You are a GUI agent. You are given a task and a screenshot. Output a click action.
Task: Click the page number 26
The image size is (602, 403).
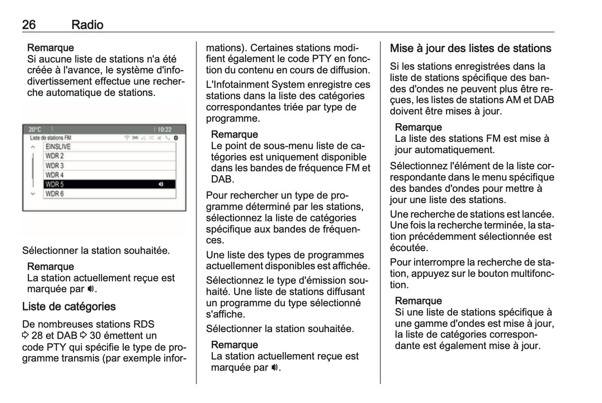(x=29, y=25)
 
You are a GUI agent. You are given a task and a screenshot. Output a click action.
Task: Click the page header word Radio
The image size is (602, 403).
(x=87, y=25)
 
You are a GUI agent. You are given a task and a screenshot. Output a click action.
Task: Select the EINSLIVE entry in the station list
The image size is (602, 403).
(x=58, y=147)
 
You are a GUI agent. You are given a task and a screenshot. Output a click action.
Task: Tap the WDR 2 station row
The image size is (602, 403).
(x=55, y=156)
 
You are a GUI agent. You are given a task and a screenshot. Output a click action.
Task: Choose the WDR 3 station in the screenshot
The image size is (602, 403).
(x=55, y=166)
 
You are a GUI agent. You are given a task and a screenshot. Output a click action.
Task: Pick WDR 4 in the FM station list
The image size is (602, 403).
(x=55, y=175)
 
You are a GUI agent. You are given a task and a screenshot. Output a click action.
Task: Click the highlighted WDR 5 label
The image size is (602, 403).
(x=55, y=184)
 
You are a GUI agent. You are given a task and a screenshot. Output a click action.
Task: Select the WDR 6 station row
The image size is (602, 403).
(x=55, y=194)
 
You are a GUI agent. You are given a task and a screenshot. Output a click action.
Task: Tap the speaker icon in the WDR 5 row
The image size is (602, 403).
(x=161, y=184)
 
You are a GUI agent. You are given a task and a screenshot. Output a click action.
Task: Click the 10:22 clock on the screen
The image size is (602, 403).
(x=164, y=130)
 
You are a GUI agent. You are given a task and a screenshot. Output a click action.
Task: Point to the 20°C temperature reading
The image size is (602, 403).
(x=35, y=130)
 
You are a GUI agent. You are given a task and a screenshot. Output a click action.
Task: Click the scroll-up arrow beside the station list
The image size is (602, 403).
(x=32, y=147)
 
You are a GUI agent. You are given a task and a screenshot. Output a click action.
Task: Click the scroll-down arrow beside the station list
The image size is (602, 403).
(x=32, y=194)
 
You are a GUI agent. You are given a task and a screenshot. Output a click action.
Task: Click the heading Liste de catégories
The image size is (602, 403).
(x=69, y=307)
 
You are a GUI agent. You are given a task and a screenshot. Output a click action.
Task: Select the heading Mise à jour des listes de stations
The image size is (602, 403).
(x=470, y=48)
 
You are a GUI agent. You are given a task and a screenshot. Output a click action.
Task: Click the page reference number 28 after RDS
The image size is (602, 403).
(x=37, y=336)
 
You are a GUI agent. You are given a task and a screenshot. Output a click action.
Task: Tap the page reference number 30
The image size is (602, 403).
(x=95, y=336)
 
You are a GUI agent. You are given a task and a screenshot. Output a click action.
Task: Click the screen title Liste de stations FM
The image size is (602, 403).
(x=50, y=138)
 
